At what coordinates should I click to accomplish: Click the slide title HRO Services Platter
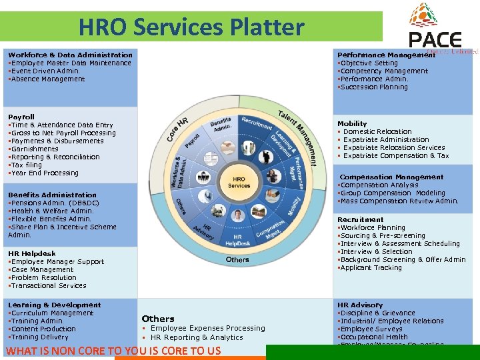pyautogui.click(x=191, y=27)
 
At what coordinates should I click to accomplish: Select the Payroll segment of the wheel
pyautogui.click(x=193, y=141)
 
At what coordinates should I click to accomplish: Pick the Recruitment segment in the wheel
pyautogui.click(x=257, y=125)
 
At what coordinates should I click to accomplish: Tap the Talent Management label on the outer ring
pyautogui.click(x=298, y=129)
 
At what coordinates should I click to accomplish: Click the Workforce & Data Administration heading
pyautogui.click(x=70, y=55)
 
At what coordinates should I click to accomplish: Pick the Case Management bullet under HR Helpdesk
pyautogui.click(x=42, y=269)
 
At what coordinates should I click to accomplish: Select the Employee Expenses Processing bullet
pyautogui.click(x=207, y=328)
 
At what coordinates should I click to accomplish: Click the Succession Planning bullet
pyautogui.click(x=374, y=87)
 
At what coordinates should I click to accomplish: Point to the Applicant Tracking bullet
pyautogui.click(x=371, y=267)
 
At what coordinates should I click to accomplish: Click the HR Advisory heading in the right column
pyautogui.click(x=360, y=305)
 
